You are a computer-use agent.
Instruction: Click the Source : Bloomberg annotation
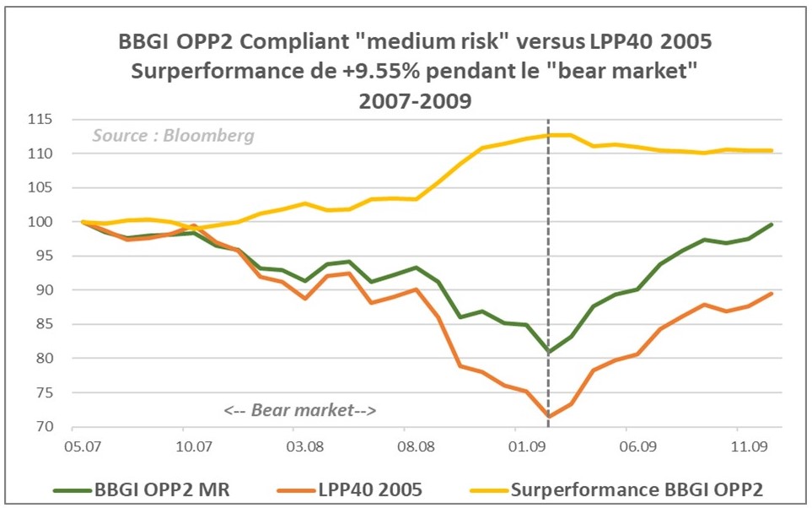coord(173,136)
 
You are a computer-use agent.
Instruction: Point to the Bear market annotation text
coord(299,411)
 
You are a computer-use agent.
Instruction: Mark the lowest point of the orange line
coord(549,416)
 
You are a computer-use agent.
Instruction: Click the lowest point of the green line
coord(549,351)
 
